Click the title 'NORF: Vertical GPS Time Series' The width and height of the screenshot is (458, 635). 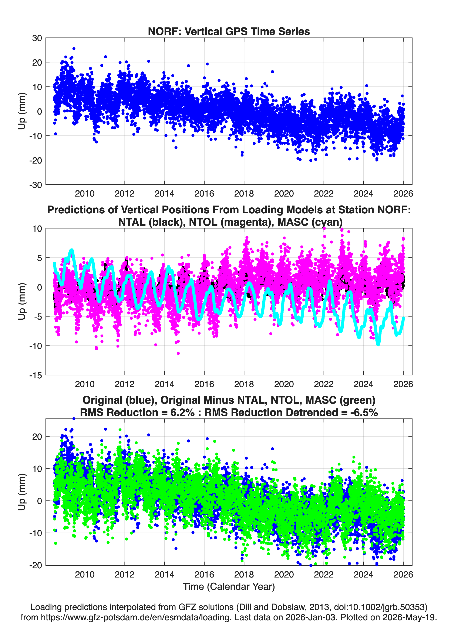(229, 31)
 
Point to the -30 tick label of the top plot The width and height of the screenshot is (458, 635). (36, 185)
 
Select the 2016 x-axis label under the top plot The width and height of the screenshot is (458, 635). (204, 194)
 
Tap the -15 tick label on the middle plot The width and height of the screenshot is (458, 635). (36, 375)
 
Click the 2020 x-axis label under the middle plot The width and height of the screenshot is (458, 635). (284, 384)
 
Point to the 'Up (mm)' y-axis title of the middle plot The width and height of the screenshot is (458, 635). (22, 301)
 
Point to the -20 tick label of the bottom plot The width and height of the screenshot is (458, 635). (36, 565)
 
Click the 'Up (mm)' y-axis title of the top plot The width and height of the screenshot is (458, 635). (22, 111)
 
